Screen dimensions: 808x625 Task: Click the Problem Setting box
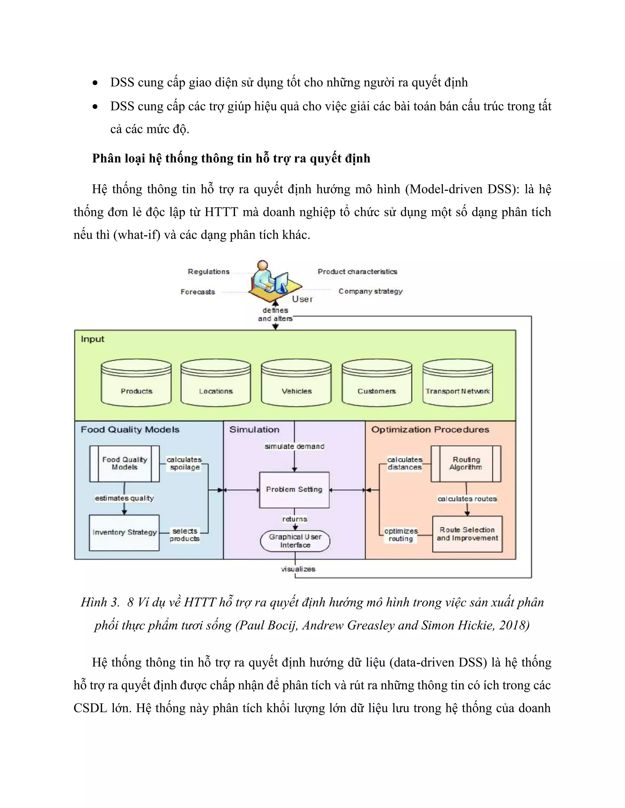click(x=294, y=489)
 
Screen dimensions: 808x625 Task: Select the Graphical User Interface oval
click(x=295, y=541)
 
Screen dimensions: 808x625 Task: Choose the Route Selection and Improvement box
click(x=467, y=534)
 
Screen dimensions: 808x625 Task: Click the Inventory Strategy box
click(x=125, y=532)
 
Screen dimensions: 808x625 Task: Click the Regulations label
click(x=208, y=272)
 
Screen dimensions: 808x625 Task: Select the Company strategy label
click(x=370, y=291)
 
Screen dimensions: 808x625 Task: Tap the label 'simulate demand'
click(x=294, y=447)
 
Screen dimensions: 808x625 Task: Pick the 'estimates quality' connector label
click(x=125, y=498)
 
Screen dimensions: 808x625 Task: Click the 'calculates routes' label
click(x=467, y=499)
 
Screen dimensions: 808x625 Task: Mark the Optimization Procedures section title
click(x=430, y=430)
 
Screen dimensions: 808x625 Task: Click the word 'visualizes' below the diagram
click(x=298, y=569)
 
